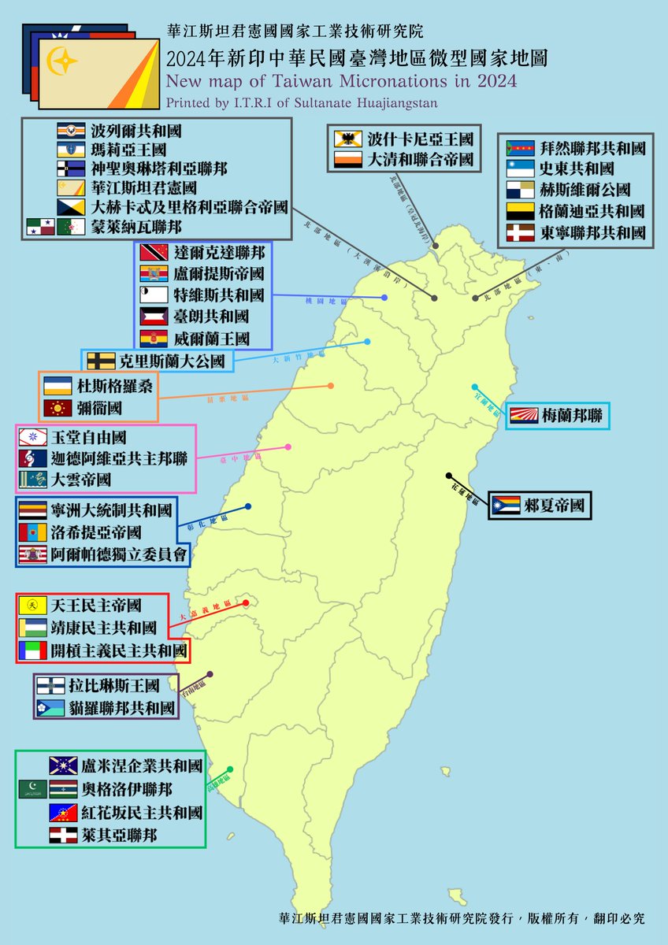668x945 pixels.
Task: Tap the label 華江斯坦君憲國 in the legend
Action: click(145, 188)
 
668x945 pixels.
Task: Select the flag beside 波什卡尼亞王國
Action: click(348, 140)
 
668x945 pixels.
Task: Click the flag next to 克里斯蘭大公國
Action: click(102, 361)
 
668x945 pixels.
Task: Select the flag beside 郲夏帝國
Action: click(505, 506)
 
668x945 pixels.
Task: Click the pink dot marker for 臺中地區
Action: click(288, 447)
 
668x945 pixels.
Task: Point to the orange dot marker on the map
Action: click(330, 386)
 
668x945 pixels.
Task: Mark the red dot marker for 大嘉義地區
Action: click(246, 603)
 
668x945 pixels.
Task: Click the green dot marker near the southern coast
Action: click(229, 769)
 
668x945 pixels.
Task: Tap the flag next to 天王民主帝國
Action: click(32, 606)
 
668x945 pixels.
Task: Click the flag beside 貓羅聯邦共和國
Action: click(50, 708)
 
